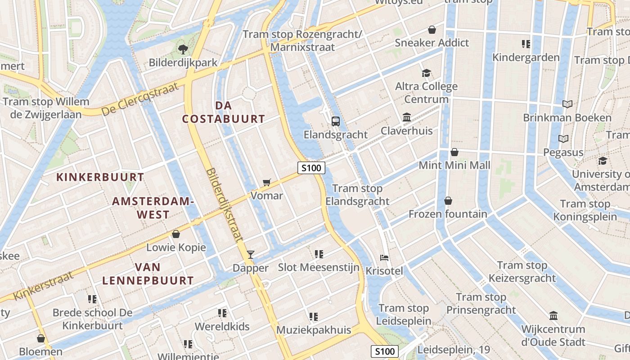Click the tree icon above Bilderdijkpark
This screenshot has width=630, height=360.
pos(183,49)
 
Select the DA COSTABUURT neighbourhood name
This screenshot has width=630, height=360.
pos(223,112)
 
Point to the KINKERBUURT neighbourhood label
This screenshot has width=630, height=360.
pos(100,177)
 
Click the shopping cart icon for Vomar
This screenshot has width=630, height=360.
pos(267,182)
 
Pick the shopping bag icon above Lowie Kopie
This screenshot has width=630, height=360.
pos(176,234)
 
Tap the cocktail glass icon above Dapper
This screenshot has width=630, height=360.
pos(251,255)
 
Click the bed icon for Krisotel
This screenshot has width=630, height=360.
pos(384,258)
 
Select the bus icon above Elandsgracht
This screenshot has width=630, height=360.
pos(336,121)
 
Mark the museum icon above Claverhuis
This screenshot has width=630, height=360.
pos(407,117)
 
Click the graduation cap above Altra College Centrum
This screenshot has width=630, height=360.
pos(426,73)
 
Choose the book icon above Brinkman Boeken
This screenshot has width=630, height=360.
pos(567,104)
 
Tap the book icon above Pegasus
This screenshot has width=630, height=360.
pos(563,139)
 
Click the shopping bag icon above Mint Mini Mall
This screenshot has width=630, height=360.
pos(454,152)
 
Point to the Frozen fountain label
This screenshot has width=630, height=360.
pos(448,214)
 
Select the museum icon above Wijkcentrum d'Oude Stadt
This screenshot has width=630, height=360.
pos(553,315)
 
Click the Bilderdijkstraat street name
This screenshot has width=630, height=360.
pos(225,205)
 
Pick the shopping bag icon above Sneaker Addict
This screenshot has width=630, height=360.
pos(432,30)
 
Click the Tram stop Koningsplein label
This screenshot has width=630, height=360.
pos(585,210)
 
